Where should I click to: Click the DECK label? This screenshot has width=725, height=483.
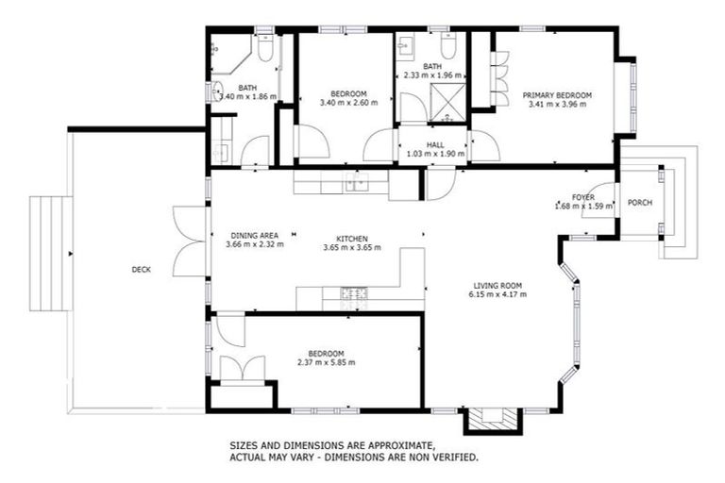(141, 270)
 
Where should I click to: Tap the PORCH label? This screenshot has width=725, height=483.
(640, 202)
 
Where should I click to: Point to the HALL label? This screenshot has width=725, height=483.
(435, 144)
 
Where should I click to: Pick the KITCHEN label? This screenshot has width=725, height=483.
(351, 239)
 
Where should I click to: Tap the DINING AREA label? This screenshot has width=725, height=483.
(255, 236)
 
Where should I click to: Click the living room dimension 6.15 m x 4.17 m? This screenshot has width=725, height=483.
(497, 294)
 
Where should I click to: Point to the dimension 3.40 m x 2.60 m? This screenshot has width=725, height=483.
(348, 103)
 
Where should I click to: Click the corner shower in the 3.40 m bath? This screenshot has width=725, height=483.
(228, 55)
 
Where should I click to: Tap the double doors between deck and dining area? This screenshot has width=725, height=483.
(189, 241)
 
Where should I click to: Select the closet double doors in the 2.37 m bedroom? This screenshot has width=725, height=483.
(242, 368)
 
